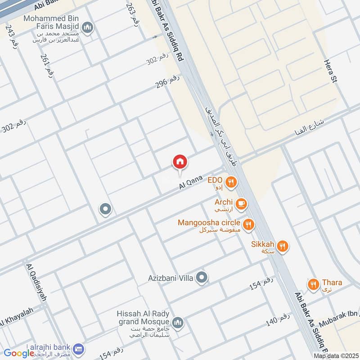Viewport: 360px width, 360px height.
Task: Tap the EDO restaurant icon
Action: click(x=231, y=182)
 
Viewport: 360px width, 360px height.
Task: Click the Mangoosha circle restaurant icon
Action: click(x=248, y=224)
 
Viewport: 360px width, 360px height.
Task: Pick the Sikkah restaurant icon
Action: click(x=283, y=246)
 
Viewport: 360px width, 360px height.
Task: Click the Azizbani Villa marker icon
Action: click(x=202, y=278)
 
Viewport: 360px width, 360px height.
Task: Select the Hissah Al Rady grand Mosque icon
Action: click(x=178, y=322)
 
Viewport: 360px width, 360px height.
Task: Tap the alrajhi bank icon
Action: click(x=79, y=348)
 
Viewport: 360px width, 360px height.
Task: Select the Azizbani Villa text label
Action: click(x=171, y=279)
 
